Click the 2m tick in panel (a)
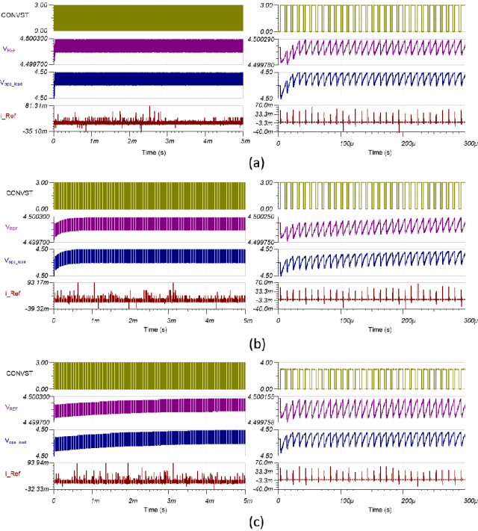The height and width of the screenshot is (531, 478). (x=132, y=142)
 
